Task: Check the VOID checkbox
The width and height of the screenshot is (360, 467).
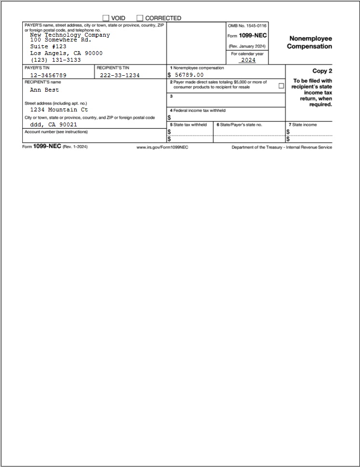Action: click(x=106, y=18)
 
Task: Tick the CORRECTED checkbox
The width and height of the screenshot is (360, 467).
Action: click(x=140, y=18)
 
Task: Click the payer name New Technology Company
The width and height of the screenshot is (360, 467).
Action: click(x=70, y=35)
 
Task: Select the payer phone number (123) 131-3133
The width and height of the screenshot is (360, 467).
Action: click(x=55, y=60)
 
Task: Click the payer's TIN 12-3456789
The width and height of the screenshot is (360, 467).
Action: click(x=48, y=76)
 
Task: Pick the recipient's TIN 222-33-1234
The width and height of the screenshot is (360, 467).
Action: click(x=120, y=76)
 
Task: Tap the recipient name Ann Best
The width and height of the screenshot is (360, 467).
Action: click(x=44, y=90)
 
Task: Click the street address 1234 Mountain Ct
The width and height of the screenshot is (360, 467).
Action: click(x=59, y=110)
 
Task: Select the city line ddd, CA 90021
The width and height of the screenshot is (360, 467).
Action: click(x=53, y=124)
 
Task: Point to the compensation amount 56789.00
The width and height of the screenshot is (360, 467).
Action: click(x=189, y=75)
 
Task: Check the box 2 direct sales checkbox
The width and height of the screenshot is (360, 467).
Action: click(x=281, y=86)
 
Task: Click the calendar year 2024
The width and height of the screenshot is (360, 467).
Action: click(x=248, y=60)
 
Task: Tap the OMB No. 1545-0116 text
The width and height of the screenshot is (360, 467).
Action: click(x=247, y=26)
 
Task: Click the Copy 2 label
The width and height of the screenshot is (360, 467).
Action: click(x=322, y=71)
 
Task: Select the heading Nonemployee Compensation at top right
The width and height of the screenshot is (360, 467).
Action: click(x=309, y=42)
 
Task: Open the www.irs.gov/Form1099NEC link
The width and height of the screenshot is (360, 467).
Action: click(x=162, y=147)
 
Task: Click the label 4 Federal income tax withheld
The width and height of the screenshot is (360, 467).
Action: click(x=198, y=110)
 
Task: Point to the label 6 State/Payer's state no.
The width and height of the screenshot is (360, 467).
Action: click(x=239, y=124)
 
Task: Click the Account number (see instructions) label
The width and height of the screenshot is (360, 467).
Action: click(x=56, y=132)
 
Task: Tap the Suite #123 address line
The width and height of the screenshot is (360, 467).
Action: click(x=48, y=47)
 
